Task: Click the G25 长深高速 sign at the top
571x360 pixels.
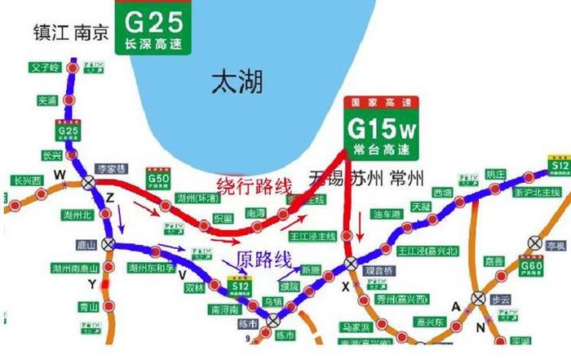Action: [153, 27]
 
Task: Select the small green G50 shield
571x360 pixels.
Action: [157, 177]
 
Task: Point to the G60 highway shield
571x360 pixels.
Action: [532, 268]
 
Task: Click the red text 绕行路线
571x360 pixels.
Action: [253, 185]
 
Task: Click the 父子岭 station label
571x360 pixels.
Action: [45, 68]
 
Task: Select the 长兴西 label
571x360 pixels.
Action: [27, 180]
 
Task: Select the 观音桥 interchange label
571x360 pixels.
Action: [380, 269]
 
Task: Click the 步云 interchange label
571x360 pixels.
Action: [500, 300]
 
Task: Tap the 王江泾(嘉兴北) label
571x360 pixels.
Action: [429, 250]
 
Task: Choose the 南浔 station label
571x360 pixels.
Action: [256, 212]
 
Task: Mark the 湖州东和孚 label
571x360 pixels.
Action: [152, 268]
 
